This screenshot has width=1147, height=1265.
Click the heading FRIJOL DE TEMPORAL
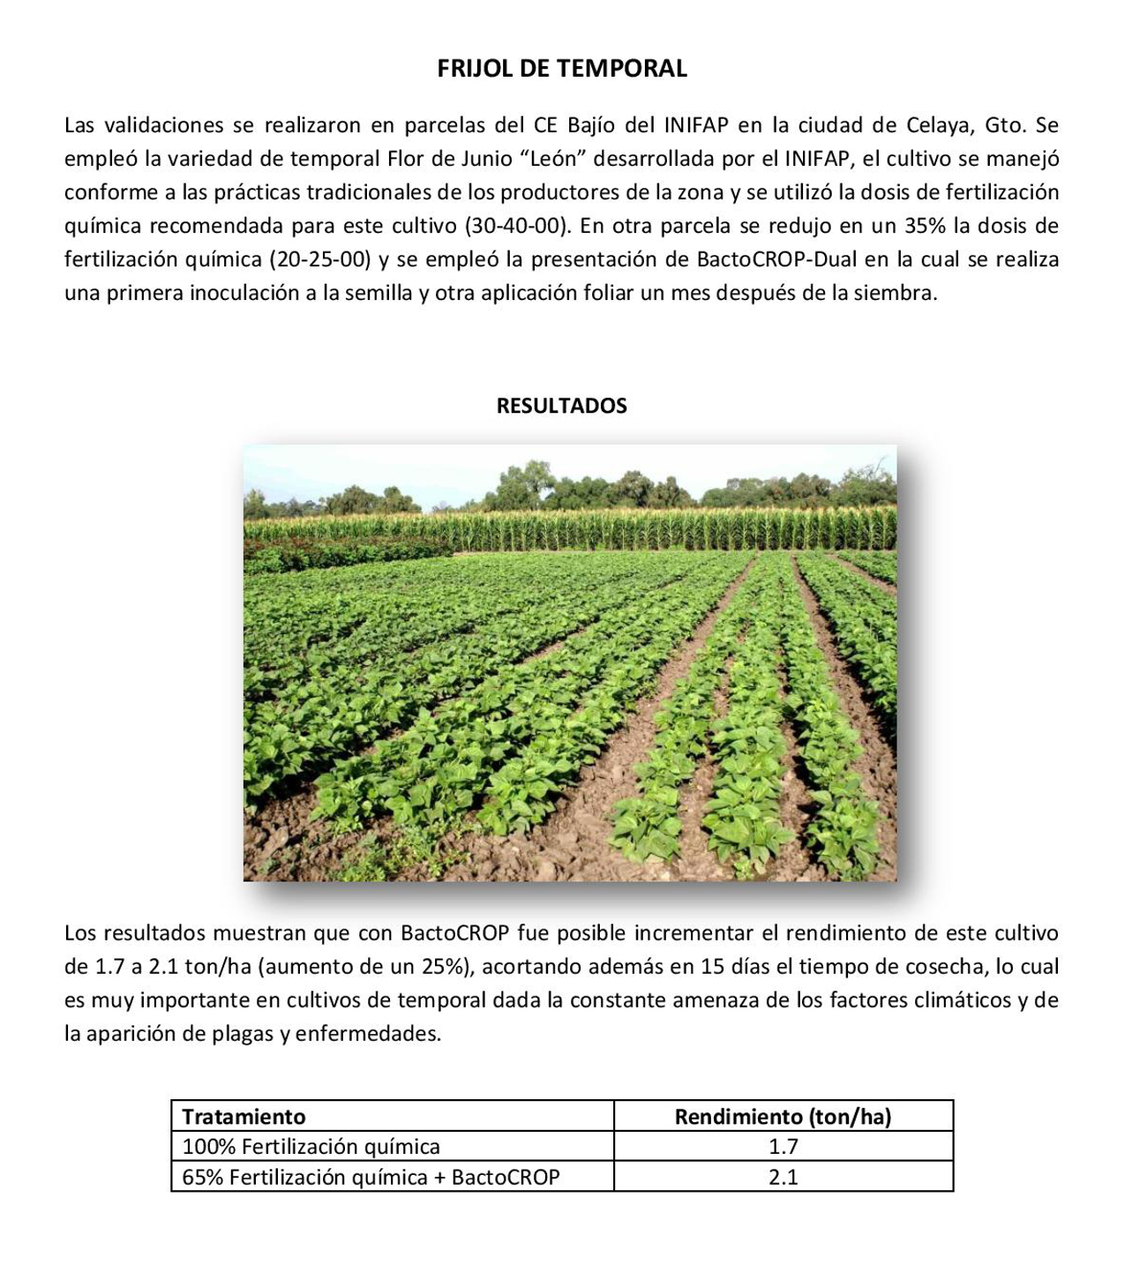(562, 69)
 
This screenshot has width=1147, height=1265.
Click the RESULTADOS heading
(562, 406)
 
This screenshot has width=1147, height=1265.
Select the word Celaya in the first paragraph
(940, 125)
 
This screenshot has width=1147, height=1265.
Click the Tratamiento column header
(244, 1117)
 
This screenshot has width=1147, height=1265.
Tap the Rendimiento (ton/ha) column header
(783, 1117)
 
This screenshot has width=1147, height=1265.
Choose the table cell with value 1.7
(783, 1147)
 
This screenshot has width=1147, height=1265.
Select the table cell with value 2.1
(783, 1177)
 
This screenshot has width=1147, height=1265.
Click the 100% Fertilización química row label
(311, 1147)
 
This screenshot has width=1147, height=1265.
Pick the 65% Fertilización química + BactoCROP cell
(371, 1177)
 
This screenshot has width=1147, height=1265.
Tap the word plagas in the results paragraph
(244, 1034)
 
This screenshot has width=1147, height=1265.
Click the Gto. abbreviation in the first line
(1003, 125)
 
